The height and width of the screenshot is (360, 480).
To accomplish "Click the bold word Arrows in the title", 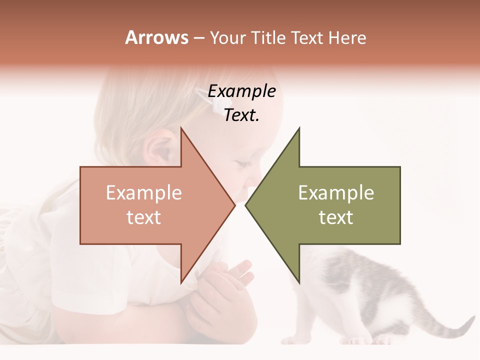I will tap(156, 37).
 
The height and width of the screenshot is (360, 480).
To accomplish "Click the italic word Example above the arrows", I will tap(241, 91).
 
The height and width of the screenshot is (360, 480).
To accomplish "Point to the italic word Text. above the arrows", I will tap(241, 115).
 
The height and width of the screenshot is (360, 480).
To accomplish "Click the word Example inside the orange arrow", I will tap(144, 192).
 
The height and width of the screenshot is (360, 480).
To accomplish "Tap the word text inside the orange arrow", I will tap(144, 217).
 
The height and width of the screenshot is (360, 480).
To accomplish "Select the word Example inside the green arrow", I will tap(336, 192).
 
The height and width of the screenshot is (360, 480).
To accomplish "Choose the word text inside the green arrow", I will tap(336, 217).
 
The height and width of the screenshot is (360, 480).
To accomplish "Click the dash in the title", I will tap(198, 38).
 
